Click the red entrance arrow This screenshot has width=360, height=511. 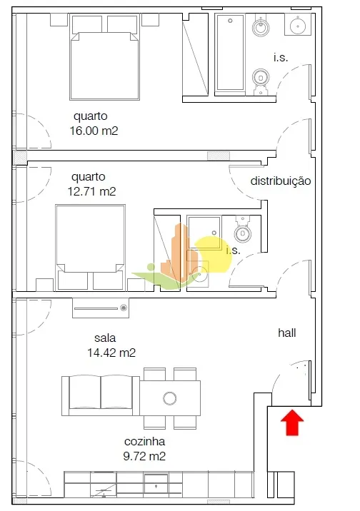[292, 423]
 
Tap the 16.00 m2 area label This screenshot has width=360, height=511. [94, 131]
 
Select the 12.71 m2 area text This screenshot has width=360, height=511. [91, 191]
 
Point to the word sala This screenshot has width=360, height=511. [105, 338]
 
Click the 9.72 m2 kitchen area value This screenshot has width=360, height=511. [144, 456]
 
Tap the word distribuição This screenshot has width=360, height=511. [281, 181]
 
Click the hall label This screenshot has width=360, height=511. [287, 333]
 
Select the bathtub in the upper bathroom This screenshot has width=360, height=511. [230, 52]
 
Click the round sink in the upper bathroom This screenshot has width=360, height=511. [297, 24]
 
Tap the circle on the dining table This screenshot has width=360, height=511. [169, 398]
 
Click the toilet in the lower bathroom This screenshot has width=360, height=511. [242, 229]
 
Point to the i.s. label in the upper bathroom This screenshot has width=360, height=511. [281, 58]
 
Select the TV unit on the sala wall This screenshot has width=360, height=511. [101, 308]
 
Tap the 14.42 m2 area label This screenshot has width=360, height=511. [111, 353]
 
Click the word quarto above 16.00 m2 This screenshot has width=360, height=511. [90, 116]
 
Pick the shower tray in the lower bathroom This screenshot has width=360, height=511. [204, 232]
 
